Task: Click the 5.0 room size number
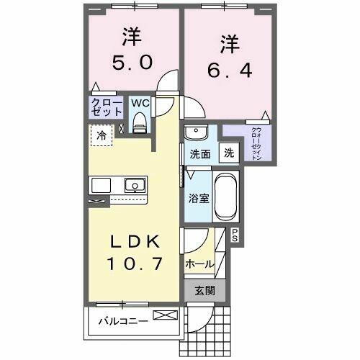132,63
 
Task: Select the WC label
140,103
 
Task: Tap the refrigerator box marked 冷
101,135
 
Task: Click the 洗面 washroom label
199,153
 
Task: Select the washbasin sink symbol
195,133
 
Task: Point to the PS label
235,233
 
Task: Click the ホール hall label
199,264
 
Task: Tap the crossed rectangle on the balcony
163,315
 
